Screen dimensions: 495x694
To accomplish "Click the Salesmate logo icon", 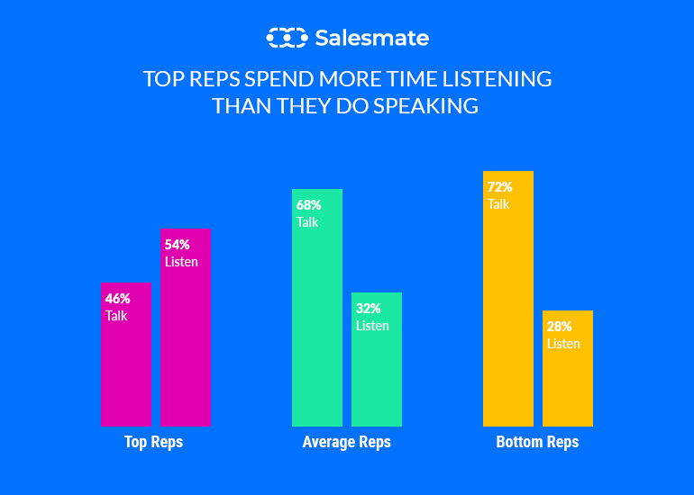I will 286,38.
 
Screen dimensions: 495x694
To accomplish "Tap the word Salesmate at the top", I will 371,38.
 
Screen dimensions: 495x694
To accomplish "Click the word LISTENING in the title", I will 499,79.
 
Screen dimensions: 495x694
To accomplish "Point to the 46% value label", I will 118,298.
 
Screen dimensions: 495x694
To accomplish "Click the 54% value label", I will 178,244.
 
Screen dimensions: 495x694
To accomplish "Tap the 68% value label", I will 309,204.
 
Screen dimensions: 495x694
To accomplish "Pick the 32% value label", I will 369,308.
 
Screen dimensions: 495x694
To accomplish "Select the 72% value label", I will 500,187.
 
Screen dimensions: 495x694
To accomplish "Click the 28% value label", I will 560,326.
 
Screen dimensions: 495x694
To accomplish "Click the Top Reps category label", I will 153,443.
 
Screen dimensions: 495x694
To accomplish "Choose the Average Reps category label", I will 347,443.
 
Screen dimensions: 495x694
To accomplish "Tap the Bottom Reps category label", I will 537,443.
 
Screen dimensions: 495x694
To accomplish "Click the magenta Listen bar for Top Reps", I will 186,351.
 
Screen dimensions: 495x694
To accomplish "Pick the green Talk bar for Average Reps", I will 317,324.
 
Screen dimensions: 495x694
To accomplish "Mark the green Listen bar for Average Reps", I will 377,378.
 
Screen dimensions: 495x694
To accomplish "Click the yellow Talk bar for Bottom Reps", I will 508,315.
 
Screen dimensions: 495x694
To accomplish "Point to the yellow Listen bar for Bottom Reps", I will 568,387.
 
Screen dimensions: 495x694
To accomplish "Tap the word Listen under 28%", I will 563,344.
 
